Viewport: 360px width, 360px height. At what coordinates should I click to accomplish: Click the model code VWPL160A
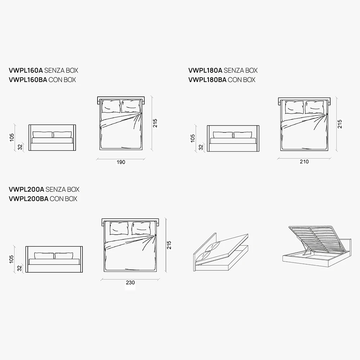tap(26, 70)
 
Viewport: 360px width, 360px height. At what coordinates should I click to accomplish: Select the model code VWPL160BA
tap(28, 80)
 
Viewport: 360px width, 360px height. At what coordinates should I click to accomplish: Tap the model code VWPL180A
tap(205, 70)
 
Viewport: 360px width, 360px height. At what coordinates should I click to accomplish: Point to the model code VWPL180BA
tap(207, 80)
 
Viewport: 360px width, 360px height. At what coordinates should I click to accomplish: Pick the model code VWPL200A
tap(26, 189)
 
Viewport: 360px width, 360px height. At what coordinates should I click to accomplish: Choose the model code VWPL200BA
tap(28, 199)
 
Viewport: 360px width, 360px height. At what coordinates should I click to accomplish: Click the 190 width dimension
tap(121, 162)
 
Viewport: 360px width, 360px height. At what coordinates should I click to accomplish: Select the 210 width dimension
tap(304, 162)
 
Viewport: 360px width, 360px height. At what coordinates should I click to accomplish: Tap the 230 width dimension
tap(130, 283)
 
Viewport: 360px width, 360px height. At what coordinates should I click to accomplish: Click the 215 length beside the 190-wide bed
tap(155, 123)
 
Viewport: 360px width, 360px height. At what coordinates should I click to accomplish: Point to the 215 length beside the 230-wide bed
tap(169, 245)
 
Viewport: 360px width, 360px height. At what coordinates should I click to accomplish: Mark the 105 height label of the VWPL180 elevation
tap(193, 138)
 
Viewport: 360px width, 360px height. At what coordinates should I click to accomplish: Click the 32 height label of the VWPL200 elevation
tap(19, 268)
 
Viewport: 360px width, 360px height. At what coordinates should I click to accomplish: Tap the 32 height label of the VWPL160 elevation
tap(20, 147)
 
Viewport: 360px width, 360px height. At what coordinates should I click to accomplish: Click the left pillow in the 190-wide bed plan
tap(111, 106)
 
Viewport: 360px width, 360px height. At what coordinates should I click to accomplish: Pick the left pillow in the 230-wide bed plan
tap(119, 228)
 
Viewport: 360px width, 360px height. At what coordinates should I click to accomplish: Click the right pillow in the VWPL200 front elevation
tap(64, 256)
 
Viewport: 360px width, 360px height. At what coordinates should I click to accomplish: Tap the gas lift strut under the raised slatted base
tap(306, 252)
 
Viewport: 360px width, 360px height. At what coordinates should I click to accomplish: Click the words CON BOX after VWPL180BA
tap(242, 80)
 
